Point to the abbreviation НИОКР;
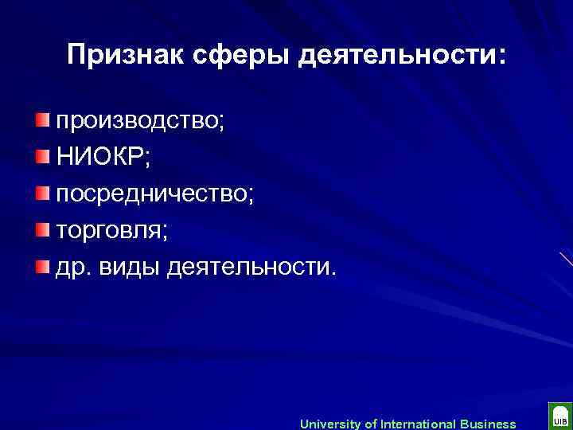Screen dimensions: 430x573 (x=102, y=158)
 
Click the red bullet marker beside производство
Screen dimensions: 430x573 (x=41, y=119)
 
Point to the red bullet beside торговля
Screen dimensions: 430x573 (x=41, y=229)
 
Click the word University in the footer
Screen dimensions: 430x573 (x=329, y=424)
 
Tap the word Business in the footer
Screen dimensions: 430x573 (x=483, y=424)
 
